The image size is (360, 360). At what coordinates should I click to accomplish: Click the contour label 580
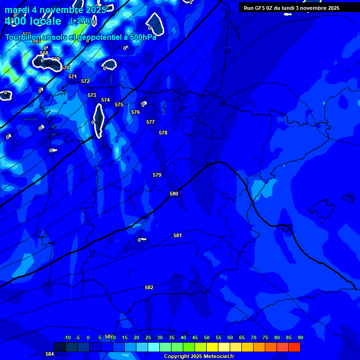(x=174, y=194)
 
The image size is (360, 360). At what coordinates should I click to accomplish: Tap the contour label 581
(x=178, y=235)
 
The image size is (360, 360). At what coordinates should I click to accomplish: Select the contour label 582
(x=149, y=287)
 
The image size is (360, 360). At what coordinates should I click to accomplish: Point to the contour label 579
(x=157, y=175)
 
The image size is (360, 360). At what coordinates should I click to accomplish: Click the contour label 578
(x=163, y=133)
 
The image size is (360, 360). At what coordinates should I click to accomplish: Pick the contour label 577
(x=150, y=122)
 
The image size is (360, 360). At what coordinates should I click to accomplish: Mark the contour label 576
(x=135, y=112)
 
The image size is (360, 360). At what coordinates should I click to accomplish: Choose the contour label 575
(x=119, y=105)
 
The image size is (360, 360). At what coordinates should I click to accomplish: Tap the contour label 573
(x=92, y=95)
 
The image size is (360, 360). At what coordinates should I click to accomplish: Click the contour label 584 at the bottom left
(x=50, y=354)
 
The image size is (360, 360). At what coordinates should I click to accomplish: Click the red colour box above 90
(x=294, y=347)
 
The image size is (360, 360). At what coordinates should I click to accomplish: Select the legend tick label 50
(x=207, y=337)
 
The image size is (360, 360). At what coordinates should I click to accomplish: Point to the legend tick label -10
(x=67, y=337)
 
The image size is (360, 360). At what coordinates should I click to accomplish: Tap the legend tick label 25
(x=148, y=337)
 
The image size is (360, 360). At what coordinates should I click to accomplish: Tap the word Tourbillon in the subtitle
(x=23, y=37)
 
